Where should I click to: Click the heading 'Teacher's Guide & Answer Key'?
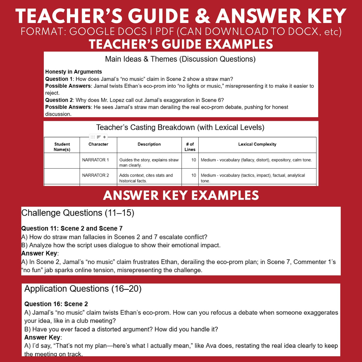click(x=181, y=16)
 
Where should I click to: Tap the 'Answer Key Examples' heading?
click(x=181, y=195)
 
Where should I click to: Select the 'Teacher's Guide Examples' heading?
click(x=181, y=44)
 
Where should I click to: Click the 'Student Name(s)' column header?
click(x=62, y=147)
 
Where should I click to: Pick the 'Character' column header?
click(x=98, y=144)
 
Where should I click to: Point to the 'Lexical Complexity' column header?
click(x=257, y=144)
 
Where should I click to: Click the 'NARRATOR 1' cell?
click(x=95, y=160)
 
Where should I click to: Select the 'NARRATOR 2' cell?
click(x=95, y=175)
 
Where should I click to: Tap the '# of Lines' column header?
click(x=190, y=147)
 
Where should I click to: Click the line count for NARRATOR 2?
click(x=194, y=175)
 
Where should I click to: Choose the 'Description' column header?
click(x=149, y=144)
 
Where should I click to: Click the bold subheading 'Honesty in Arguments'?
click(x=73, y=72)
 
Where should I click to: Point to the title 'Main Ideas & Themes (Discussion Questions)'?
click(x=180, y=59)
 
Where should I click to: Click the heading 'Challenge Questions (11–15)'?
click(x=78, y=213)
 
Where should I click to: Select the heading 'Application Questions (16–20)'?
click(x=83, y=289)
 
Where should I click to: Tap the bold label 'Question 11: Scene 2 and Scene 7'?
click(x=72, y=228)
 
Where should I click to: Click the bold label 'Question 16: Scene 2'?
click(x=56, y=304)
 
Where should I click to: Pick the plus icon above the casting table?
click(x=104, y=137)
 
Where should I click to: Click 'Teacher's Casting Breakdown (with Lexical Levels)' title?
click(x=180, y=128)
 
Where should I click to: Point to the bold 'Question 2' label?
click(x=59, y=100)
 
